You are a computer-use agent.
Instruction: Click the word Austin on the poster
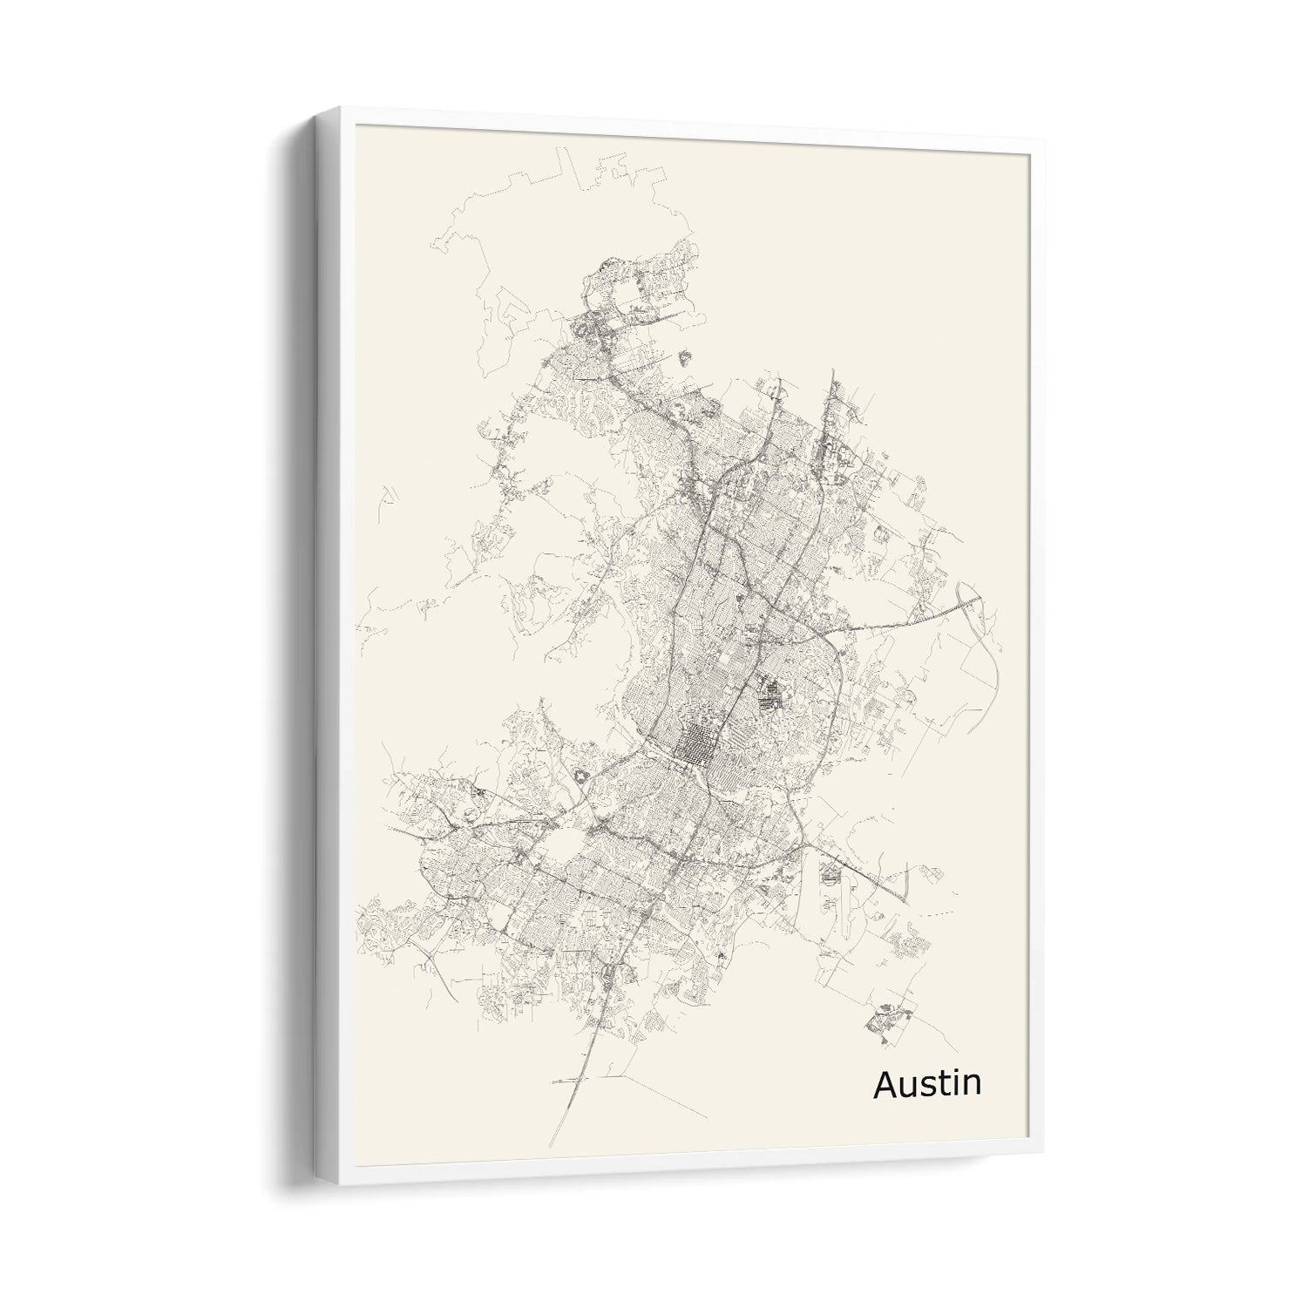click(926, 1083)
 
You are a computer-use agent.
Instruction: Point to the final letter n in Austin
click(971, 1086)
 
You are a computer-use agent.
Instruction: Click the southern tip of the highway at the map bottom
click(550, 1143)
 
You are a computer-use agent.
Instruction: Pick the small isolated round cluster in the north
click(682, 356)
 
